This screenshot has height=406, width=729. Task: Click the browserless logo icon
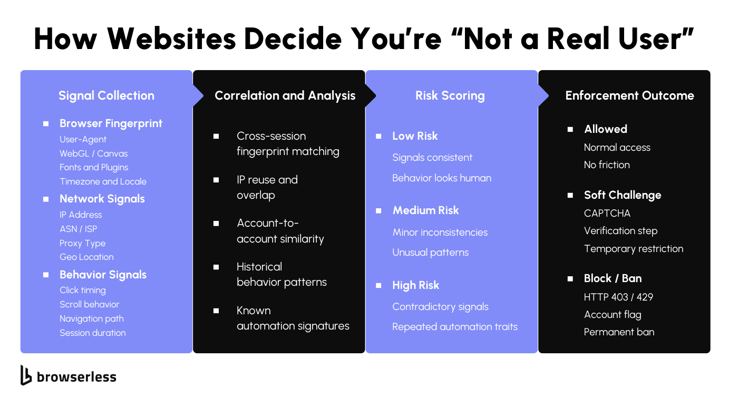[26, 375]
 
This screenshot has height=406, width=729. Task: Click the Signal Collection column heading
[106, 95]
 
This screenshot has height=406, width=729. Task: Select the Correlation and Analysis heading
[285, 95]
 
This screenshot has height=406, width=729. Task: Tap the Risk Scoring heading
[450, 95]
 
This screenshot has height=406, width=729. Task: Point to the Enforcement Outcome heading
[629, 95]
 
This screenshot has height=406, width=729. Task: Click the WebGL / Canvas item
[93, 153]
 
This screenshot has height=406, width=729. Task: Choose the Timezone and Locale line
[103, 181]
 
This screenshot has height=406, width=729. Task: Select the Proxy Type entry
[82, 243]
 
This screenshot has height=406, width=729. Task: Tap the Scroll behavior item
[89, 304]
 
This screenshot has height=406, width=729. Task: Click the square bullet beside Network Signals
[46, 199]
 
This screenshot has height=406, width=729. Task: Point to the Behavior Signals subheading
[103, 275]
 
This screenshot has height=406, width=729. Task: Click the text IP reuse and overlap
[267, 187]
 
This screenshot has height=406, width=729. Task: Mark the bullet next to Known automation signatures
[216, 311]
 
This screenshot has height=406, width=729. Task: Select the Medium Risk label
[425, 210]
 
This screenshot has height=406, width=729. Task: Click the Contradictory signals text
[440, 307]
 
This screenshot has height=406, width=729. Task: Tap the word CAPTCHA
[607, 214]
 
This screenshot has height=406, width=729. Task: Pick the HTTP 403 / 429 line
[618, 297]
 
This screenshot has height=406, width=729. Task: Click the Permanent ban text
[619, 332]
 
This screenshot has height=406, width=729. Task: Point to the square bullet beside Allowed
[570, 129]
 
